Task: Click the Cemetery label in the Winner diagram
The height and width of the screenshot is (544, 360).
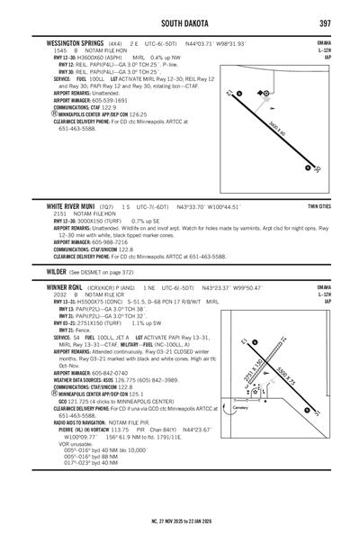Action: coord(239,408)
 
